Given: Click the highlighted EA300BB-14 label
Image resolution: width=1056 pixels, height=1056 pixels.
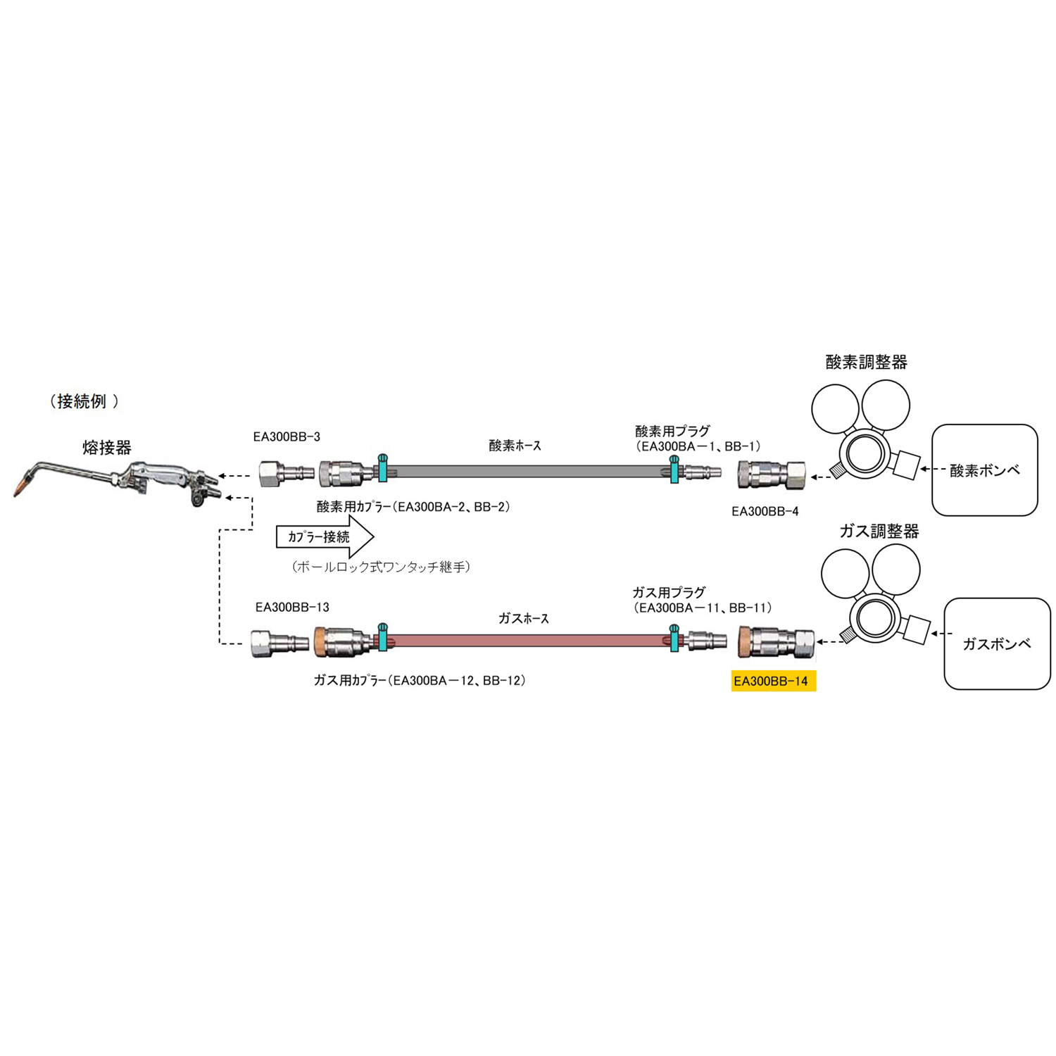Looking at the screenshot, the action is point(773,681).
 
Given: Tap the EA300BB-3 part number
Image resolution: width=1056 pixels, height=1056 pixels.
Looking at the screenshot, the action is point(287,437).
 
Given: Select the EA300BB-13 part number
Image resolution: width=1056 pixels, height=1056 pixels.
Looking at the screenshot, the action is point(292,607).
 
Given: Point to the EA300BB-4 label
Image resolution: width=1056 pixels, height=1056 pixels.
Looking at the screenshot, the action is point(765,512).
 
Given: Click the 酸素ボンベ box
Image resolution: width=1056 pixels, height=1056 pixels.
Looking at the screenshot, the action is point(984,470).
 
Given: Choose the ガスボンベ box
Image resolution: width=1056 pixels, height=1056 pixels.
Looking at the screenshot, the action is point(996,643).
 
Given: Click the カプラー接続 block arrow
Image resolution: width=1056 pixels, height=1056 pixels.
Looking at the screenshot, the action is point(325,537).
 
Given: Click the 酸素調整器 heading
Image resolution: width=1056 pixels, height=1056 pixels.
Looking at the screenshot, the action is point(866,362).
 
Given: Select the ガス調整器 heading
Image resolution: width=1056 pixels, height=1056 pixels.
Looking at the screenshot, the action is point(879,532).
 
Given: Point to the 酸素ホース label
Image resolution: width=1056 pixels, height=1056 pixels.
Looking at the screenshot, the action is point(515,446).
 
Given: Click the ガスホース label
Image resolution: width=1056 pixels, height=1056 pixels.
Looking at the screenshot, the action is point(523,618).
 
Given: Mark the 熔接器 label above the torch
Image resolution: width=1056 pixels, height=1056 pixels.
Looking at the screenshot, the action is point(107,447).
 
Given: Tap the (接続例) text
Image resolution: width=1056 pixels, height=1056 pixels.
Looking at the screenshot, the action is point(84,401).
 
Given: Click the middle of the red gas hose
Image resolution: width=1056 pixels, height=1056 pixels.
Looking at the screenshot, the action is point(528,641).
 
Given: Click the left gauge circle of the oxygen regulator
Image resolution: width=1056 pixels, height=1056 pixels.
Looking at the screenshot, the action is point(836,408).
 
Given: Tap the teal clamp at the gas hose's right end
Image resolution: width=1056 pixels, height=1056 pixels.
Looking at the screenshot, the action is point(674,638).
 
